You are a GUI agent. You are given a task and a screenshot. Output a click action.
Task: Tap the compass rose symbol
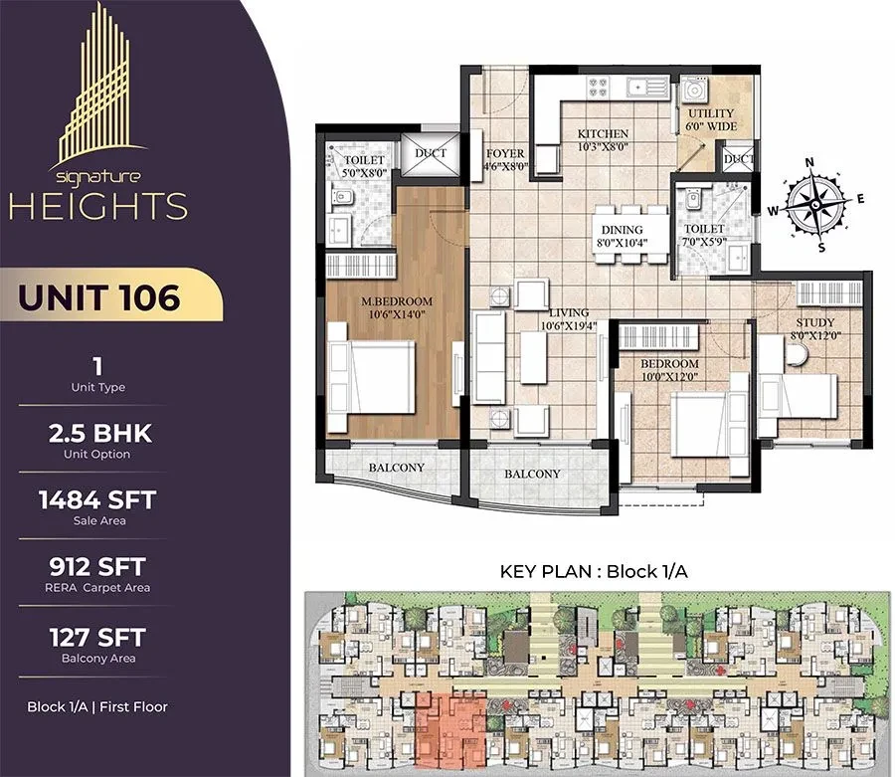(x=816, y=204)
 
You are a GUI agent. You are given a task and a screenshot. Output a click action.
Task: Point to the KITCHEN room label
(x=603, y=133)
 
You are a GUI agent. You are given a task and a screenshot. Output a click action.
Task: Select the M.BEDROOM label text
(x=397, y=300)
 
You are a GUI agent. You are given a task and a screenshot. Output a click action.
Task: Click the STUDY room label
(x=815, y=322)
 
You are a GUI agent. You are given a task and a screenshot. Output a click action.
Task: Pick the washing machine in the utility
(x=694, y=91)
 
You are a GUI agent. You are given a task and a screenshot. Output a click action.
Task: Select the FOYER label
(x=505, y=153)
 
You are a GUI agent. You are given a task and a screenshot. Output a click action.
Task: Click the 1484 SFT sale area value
(x=97, y=499)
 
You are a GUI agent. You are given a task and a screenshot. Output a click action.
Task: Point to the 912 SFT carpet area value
(x=97, y=566)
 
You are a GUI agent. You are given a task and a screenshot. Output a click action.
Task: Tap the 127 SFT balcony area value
(x=97, y=637)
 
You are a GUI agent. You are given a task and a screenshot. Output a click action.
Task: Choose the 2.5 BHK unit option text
(x=99, y=434)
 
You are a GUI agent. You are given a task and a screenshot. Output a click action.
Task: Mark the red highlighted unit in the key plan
(x=450, y=731)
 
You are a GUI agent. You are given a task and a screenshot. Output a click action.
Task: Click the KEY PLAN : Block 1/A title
(x=594, y=571)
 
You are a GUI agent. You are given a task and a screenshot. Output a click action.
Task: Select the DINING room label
(x=623, y=230)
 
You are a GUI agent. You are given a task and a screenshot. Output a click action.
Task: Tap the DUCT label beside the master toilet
(x=431, y=153)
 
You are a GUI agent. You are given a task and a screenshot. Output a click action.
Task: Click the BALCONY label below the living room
(x=532, y=474)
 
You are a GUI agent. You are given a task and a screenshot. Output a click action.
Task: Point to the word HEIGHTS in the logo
(x=98, y=206)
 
